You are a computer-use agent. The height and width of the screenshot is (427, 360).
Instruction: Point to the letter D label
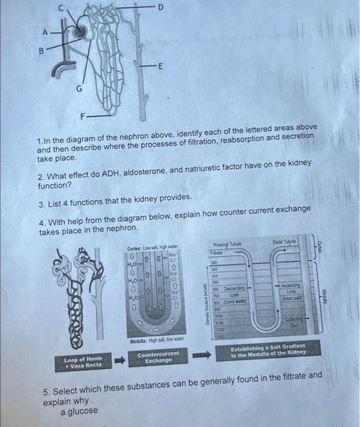(161, 7)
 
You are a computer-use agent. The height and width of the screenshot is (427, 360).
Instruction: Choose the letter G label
(78, 88)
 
